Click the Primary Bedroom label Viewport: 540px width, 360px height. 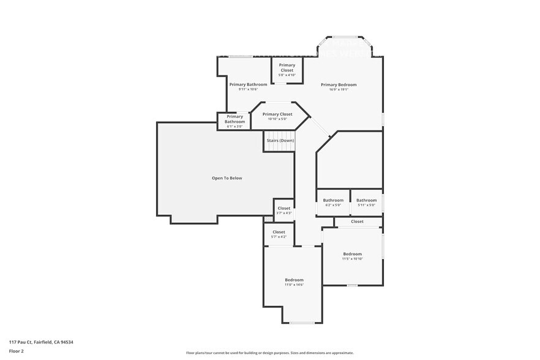(339, 84)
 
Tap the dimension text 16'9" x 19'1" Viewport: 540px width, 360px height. (339, 89)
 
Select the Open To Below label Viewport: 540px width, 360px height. (227, 178)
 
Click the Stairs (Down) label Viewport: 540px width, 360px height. (280, 141)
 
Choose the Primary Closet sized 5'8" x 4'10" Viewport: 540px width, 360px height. (287, 70)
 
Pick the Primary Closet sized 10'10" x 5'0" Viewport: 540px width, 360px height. (277, 116)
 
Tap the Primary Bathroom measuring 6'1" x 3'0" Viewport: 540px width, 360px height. (234, 121)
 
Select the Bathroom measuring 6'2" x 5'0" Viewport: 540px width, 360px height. (333, 202)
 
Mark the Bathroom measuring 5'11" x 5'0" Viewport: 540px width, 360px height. (366, 202)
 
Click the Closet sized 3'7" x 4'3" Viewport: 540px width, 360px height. (284, 210)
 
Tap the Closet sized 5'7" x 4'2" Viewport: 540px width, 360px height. (279, 234)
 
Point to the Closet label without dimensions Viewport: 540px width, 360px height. (357, 222)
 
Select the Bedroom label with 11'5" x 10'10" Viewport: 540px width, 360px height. (352, 256)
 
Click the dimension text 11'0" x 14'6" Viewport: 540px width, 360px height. (294, 285)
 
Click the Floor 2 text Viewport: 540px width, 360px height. (16, 351)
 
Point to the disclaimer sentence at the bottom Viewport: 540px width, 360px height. (269, 353)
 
